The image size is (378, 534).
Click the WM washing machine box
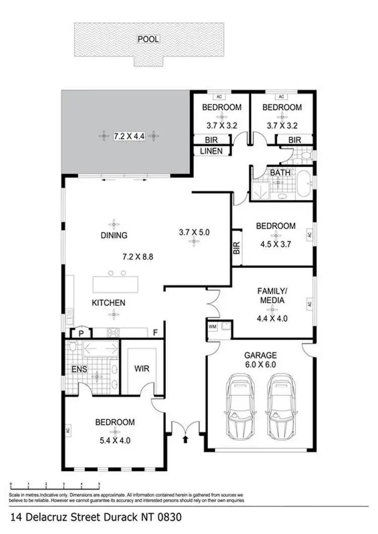point(212,327)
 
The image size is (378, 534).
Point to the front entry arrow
point(185,439)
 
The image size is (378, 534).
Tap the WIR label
point(142,369)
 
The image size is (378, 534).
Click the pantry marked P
point(80,333)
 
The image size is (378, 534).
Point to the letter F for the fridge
point(156,333)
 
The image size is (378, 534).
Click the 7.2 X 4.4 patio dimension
point(129,136)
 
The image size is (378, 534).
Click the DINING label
point(113,235)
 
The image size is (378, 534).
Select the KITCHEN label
point(108,303)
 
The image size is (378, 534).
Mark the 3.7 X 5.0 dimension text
point(194,233)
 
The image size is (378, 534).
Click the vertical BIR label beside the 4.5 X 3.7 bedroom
point(236,247)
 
